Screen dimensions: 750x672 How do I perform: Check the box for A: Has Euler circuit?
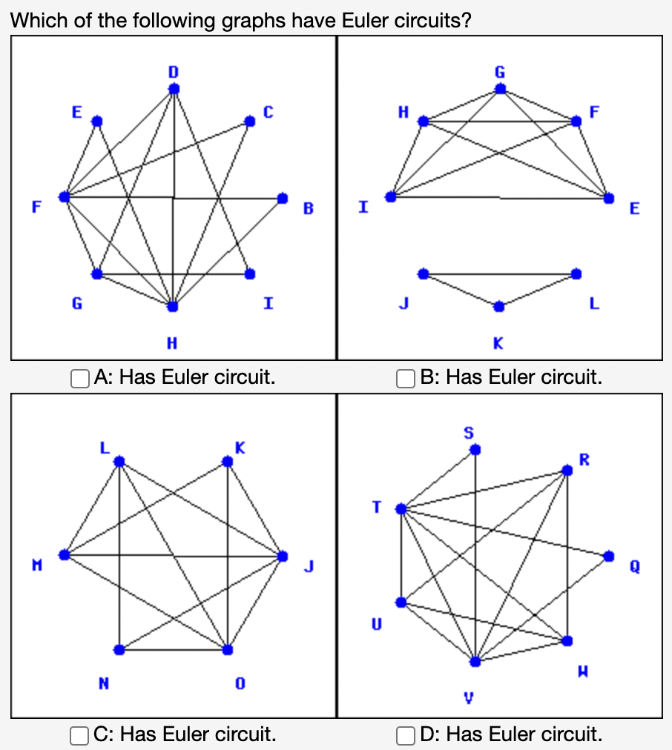tap(81, 378)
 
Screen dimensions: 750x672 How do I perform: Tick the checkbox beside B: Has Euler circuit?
tap(405, 378)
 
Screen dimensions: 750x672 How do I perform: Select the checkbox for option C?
tap(81, 735)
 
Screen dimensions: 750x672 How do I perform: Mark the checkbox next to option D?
tap(405, 735)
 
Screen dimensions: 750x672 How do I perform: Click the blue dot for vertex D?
tap(174, 89)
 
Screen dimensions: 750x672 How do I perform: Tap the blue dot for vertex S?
tap(475, 449)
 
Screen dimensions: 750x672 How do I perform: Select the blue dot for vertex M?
tap(65, 554)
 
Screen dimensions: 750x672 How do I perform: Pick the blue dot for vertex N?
tap(119, 649)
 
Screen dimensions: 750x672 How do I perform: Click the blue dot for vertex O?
tap(228, 649)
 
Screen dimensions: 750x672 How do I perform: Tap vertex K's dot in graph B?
tap(499, 305)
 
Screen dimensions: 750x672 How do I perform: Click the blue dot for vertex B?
tap(282, 198)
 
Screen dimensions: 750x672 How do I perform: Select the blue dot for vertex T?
tap(401, 509)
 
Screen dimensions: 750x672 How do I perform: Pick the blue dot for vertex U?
tap(401, 602)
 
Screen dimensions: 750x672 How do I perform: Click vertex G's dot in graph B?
tap(500, 89)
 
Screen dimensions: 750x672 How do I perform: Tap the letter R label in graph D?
tap(584, 459)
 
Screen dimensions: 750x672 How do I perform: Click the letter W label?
tap(584, 671)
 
